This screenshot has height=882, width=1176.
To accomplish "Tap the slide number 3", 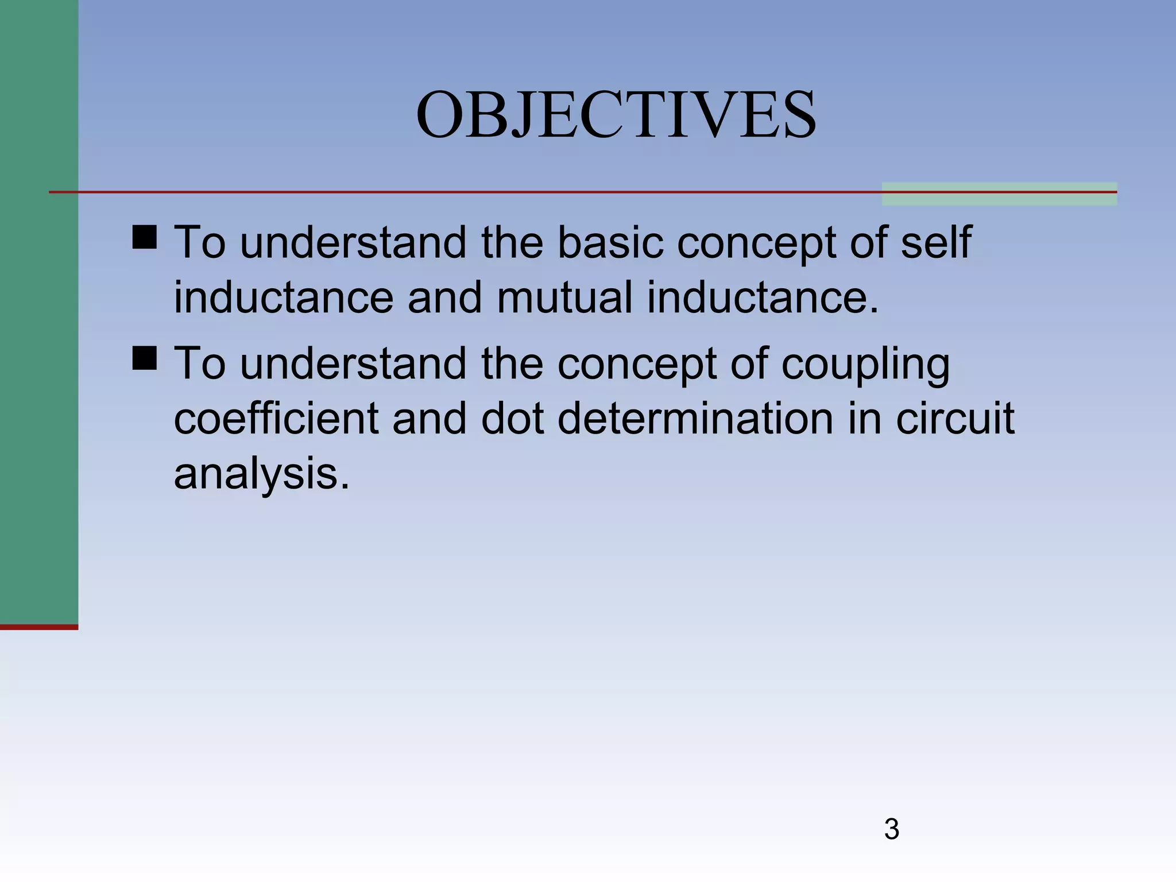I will [891, 829].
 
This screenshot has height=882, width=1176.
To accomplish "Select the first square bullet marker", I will [144, 237].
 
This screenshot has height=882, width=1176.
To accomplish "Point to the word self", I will [936, 242].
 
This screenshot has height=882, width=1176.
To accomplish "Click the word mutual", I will [564, 297].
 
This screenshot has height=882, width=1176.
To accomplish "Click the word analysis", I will [261, 474].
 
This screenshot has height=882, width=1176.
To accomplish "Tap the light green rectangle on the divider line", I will [999, 194].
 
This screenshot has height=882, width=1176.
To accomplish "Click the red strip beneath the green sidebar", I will [38, 627].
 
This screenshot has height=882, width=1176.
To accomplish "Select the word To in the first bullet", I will [200, 242].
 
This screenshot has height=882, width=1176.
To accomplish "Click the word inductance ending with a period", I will [763, 297].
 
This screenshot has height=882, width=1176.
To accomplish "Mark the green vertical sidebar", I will [38, 310].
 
